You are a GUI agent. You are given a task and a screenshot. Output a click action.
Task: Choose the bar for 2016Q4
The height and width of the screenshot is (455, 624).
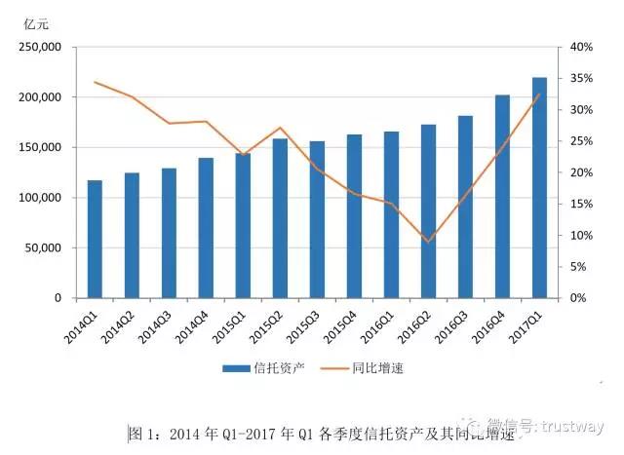[502, 196]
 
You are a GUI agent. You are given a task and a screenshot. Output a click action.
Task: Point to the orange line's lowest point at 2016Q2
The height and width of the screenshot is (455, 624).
[428, 242]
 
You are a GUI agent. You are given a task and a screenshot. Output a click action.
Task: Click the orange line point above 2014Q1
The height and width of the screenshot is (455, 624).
[95, 82]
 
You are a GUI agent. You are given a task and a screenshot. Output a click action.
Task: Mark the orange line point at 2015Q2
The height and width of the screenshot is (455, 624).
[280, 128]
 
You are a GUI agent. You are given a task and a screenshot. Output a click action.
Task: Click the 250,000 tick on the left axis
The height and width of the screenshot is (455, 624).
[42, 47]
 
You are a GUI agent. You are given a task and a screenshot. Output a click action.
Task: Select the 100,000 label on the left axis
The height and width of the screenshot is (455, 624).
[42, 198]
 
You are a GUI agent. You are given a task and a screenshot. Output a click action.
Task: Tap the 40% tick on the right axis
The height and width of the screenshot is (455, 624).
[580, 47]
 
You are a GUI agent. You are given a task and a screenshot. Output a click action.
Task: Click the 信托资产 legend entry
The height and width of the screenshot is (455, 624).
[257, 368]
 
